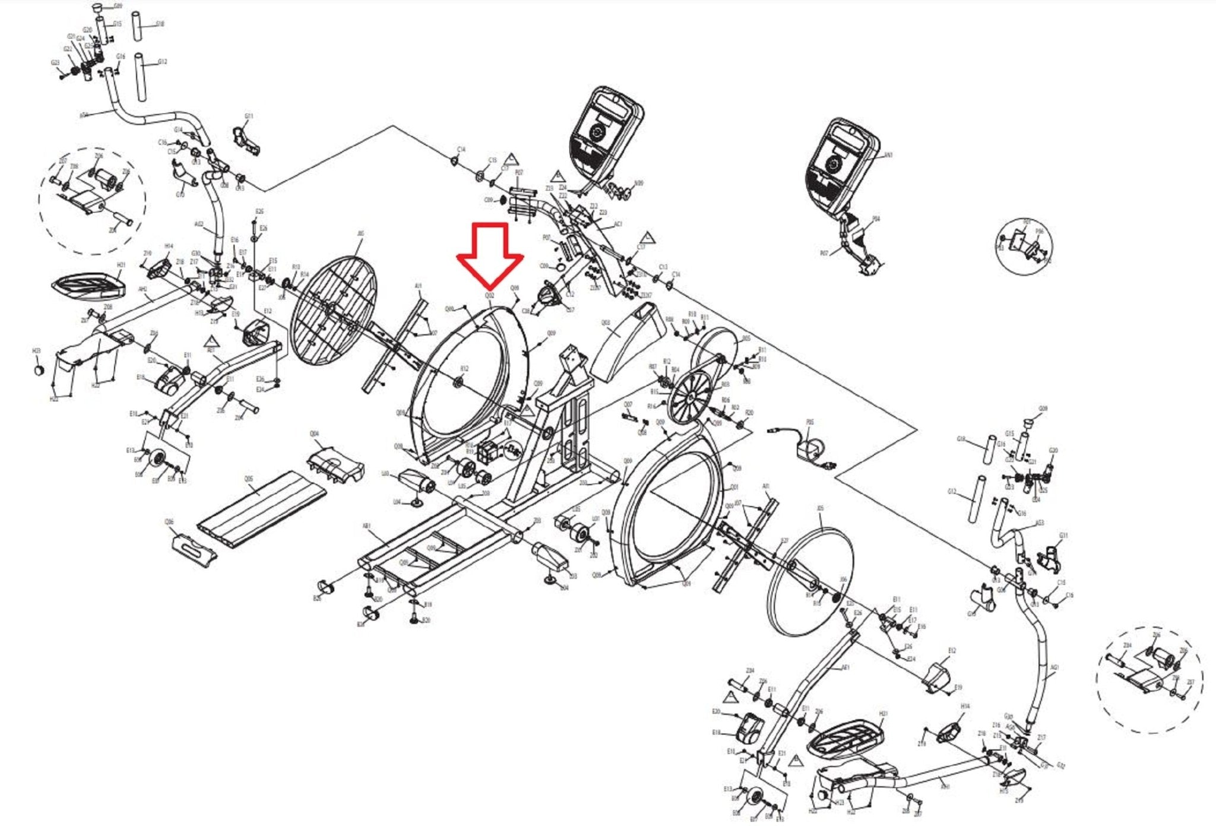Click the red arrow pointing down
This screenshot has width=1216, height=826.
click(x=490, y=252)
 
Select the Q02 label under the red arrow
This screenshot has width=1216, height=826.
click(x=489, y=295)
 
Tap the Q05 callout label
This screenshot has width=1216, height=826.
click(x=248, y=479)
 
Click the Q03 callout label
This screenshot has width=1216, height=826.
click(x=606, y=323)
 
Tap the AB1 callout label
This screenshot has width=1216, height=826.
click(x=366, y=526)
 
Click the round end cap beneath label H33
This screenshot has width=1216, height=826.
click(x=39, y=369)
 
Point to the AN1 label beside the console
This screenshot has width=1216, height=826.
click(x=888, y=156)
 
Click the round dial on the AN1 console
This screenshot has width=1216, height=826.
click(x=832, y=164)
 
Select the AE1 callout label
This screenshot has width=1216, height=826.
click(x=846, y=667)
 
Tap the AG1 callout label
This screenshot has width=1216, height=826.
click(x=1054, y=667)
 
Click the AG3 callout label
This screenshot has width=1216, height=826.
click(x=1040, y=523)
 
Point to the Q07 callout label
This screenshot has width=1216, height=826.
click(x=628, y=404)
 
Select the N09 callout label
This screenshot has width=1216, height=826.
click(x=638, y=183)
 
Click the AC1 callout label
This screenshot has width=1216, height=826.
click(x=618, y=224)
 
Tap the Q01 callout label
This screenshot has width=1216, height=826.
click(x=734, y=487)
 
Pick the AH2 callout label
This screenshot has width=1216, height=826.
click(x=142, y=289)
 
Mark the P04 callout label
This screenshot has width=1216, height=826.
click(x=876, y=219)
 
